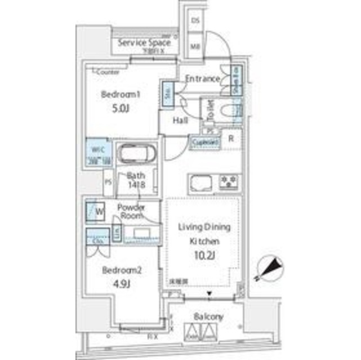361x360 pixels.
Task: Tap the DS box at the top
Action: (195, 20)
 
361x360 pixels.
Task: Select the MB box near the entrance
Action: (195, 46)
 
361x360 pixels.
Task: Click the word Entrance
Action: (202, 79)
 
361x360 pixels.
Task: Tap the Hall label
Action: (180, 121)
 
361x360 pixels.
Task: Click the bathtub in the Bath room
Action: (139, 152)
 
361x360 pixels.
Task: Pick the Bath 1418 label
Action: (137, 179)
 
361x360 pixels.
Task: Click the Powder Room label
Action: (131, 211)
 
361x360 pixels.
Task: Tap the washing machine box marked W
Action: (93, 213)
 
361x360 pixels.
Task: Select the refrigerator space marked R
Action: (231, 138)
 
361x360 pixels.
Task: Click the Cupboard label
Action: (205, 143)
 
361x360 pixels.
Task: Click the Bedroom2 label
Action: (121, 271)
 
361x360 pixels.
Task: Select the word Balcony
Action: (208, 317)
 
